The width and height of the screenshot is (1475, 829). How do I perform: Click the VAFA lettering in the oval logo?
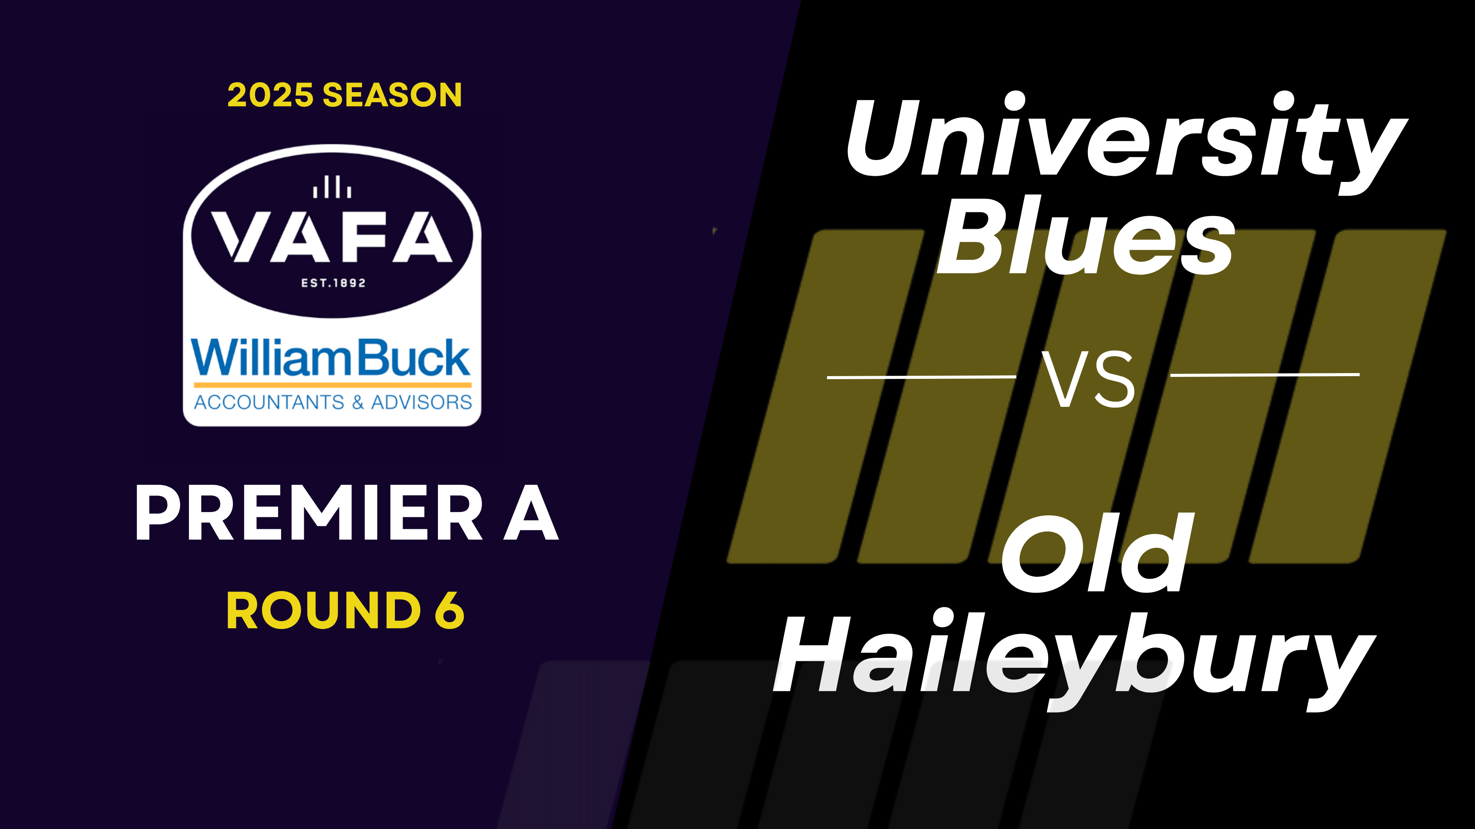pos(332,237)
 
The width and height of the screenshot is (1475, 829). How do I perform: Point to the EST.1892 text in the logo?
pos(333,282)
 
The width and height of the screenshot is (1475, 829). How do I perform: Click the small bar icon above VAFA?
pos(332,187)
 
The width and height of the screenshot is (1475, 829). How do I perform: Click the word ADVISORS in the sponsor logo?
pos(421,402)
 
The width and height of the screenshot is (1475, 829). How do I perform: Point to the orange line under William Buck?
pos(332,385)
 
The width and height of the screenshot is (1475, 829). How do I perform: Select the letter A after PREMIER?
pos(531,513)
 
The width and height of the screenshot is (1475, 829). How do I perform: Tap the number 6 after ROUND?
pos(449,611)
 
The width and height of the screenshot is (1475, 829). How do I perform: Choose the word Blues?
pos(1085,238)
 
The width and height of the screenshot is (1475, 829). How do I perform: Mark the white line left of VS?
pos(921,377)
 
